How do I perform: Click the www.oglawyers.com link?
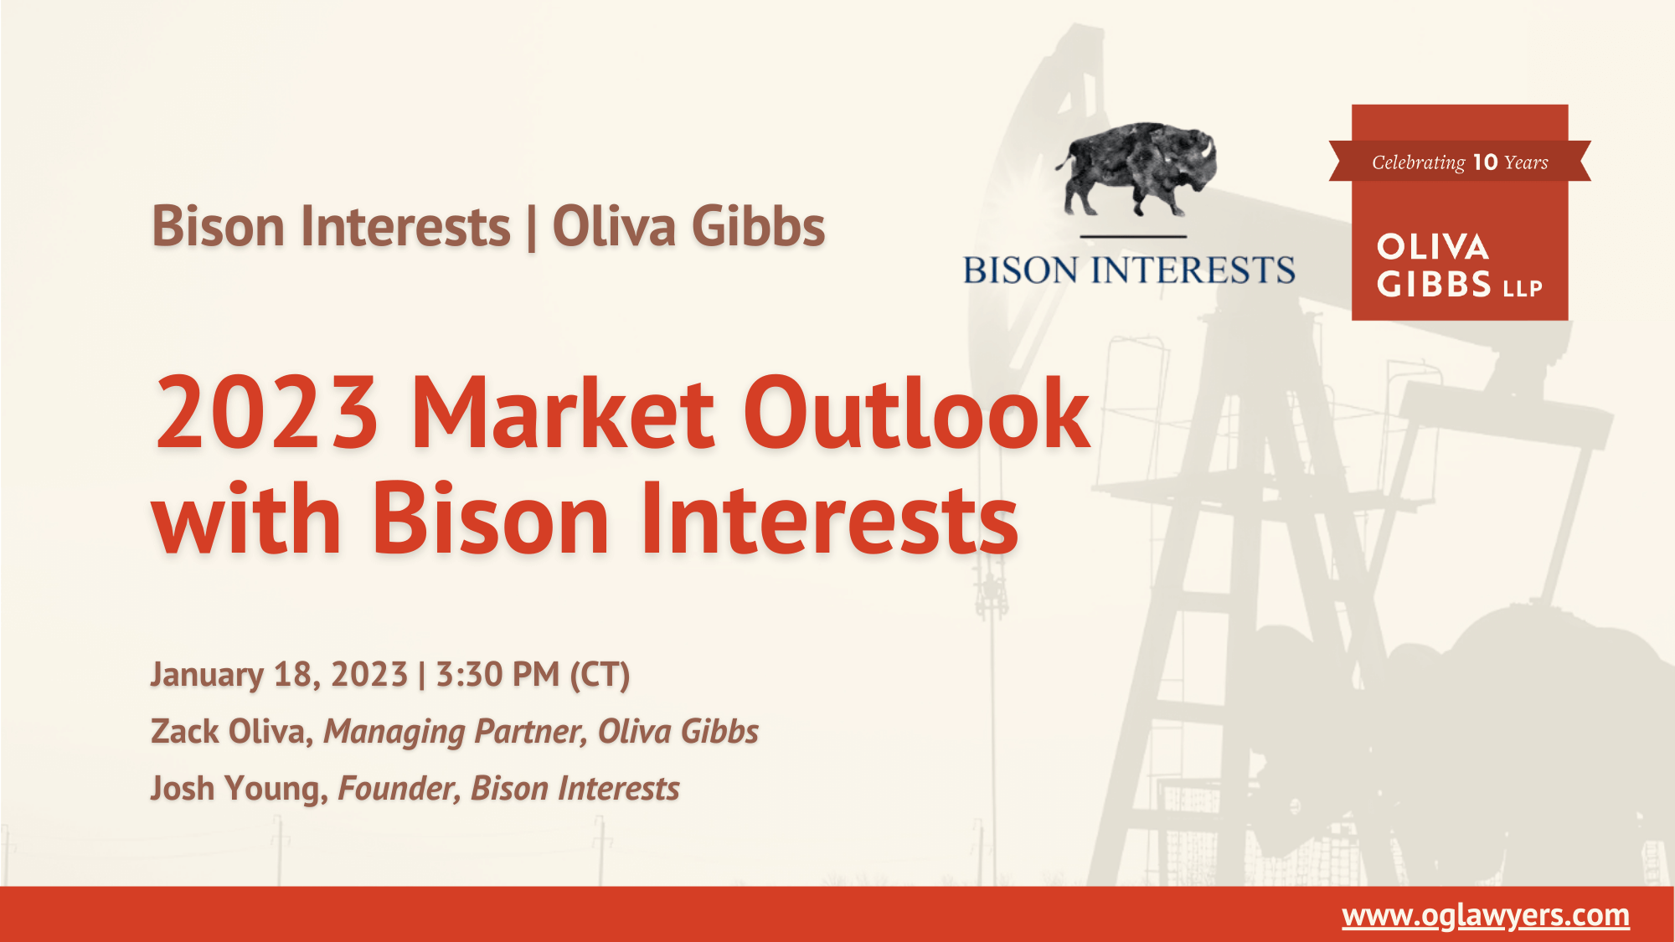(1485, 915)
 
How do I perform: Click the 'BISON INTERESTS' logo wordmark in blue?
(1129, 270)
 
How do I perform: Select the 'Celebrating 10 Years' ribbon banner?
(1460, 162)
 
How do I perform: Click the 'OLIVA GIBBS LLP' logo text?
(1458, 265)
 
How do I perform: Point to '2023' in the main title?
(266, 414)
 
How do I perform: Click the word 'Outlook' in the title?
(917, 414)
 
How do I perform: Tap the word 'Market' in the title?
(563, 414)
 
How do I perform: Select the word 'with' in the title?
(246, 519)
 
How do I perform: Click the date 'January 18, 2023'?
(279, 675)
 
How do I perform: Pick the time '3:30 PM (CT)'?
(533, 675)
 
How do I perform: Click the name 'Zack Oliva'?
(227, 732)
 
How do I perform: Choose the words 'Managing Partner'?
(454, 732)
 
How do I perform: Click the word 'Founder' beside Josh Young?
(398, 789)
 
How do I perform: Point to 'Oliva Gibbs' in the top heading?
(688, 227)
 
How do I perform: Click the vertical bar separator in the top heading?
(532, 229)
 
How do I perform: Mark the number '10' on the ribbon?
(1485, 162)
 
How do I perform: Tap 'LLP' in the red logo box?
(1523, 289)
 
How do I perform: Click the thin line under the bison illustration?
(1133, 237)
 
